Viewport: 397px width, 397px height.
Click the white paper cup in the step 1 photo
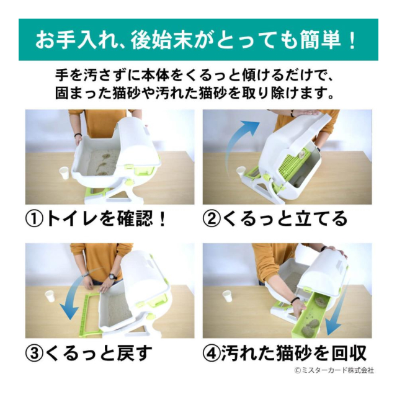tap(65, 173)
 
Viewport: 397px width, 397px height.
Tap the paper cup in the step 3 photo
tap(50, 297)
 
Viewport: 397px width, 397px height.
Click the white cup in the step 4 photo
tap(228, 297)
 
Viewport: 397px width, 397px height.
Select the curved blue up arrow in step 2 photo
tap(238, 142)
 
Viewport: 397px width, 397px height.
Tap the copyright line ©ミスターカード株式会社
tap(334, 370)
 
